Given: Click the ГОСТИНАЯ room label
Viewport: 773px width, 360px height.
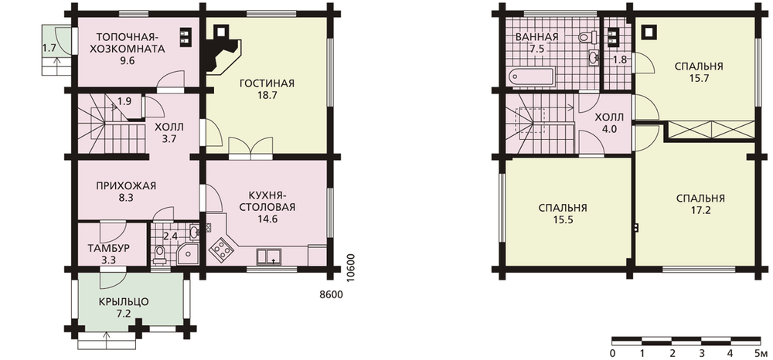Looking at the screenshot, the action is pos(267,83).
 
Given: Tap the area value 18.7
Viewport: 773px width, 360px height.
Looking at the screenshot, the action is pos(267,96).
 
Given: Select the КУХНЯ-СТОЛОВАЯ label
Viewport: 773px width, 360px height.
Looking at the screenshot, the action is pos(267,201).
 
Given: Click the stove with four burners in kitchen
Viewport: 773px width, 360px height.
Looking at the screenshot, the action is pos(221,250).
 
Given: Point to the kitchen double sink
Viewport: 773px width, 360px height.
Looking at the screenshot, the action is pos(269,257).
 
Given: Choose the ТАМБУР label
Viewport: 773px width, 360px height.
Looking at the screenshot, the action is pos(108,248).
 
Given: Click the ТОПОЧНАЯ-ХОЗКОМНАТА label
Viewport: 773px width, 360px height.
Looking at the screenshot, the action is pos(127,43).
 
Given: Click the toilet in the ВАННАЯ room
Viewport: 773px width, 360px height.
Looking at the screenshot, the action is pos(587,36).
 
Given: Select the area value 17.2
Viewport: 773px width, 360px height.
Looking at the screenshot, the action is pos(700,210).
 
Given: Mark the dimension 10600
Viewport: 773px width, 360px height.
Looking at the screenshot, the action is pos(350,268).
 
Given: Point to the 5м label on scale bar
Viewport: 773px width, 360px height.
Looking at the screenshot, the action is pos(761,353).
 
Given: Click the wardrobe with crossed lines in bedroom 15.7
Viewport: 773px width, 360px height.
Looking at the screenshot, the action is pos(710,130).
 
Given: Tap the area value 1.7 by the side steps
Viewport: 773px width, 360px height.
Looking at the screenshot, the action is pos(48,48).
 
